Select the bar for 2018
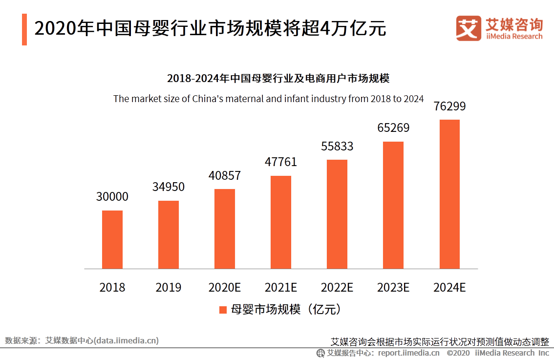point(112,239)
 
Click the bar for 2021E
point(281,222)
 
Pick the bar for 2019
point(169,234)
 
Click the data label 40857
point(225,175)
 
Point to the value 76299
point(449,106)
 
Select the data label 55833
point(337,146)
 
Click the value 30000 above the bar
point(112,197)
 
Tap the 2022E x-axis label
point(337,287)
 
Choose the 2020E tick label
point(225,287)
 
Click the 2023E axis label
point(393,287)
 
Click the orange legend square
point(223,310)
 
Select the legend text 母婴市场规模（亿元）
point(285,310)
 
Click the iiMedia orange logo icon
point(469,28)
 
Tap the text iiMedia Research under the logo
point(514,36)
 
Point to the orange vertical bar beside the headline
point(24,29)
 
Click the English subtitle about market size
point(268,99)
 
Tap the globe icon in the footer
point(320,353)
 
